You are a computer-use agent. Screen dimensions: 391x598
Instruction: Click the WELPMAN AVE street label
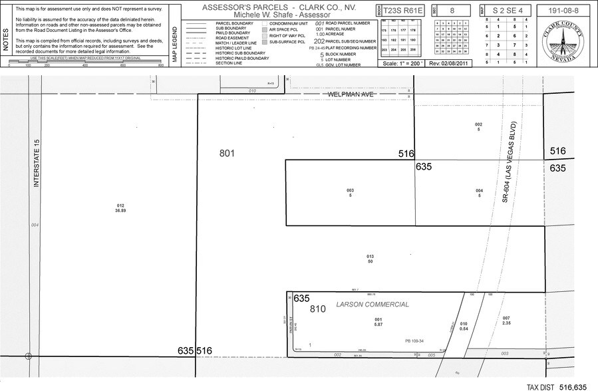351,95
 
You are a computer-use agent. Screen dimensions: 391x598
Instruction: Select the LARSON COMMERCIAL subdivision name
373,305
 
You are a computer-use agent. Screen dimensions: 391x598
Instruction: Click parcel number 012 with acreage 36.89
120,207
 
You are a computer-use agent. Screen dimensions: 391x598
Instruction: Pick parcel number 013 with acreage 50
370,259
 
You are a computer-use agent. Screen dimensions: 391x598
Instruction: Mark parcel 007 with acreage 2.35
506,321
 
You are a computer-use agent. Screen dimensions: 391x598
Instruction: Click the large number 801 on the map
227,154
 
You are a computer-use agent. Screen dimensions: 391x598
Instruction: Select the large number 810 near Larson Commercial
318,309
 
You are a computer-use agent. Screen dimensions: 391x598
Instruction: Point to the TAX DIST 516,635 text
557,386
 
